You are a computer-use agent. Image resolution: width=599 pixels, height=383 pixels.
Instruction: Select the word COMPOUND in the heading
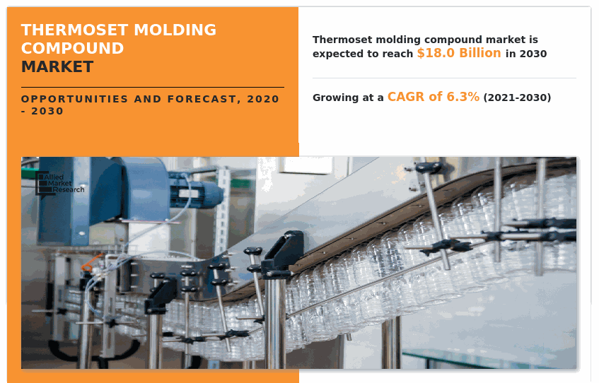click(x=72, y=49)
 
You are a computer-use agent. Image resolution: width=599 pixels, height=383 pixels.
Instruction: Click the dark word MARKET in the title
click(x=57, y=67)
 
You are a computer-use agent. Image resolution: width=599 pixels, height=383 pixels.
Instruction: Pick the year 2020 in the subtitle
click(x=263, y=100)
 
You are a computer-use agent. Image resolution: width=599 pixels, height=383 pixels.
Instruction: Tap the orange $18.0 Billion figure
click(x=458, y=53)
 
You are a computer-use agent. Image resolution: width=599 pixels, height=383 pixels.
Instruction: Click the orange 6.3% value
click(x=463, y=97)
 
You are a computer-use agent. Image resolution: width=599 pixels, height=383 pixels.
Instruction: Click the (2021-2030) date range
click(x=517, y=98)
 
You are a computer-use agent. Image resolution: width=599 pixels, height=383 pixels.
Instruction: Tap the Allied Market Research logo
click(x=60, y=184)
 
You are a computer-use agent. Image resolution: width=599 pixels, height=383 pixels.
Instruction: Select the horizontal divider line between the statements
click(x=444, y=78)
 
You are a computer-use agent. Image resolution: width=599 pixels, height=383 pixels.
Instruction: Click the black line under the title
click(x=152, y=88)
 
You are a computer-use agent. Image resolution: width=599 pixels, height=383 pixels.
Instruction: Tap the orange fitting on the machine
click(x=87, y=267)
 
